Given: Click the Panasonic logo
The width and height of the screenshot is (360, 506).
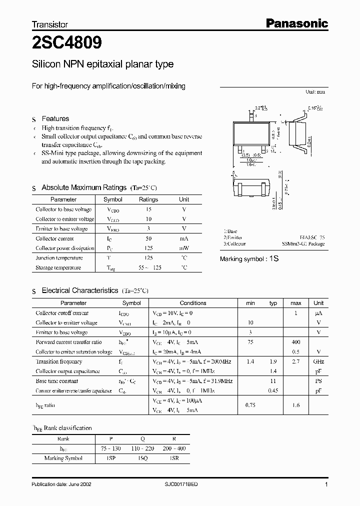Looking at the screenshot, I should tap(296, 23).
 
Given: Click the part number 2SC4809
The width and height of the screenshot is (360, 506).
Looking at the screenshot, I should tap(67, 43).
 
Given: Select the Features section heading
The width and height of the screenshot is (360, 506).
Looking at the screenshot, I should tap(55, 119).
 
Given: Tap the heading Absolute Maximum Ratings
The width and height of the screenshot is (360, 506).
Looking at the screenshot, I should tap(83, 187).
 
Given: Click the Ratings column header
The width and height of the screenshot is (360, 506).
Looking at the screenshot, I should tap(148, 199).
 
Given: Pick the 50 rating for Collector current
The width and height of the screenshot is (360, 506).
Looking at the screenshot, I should tap(148, 238).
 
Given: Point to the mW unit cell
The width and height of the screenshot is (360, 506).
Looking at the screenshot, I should tap(184, 248).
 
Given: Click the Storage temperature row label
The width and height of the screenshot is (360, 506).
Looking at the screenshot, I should tap(58, 267).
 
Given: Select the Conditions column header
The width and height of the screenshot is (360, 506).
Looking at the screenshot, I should tap(192, 303).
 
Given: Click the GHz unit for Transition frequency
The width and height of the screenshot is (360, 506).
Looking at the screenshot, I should tap(318, 361).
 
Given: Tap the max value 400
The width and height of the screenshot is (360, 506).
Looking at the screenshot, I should tap(296, 342).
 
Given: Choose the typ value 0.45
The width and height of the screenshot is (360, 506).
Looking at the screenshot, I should tap(273, 390).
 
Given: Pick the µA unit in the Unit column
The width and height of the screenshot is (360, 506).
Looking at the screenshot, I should tap(318, 313).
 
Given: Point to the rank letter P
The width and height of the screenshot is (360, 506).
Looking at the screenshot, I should tap(111, 438).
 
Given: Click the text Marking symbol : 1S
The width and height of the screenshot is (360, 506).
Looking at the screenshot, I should tap(248, 259).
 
